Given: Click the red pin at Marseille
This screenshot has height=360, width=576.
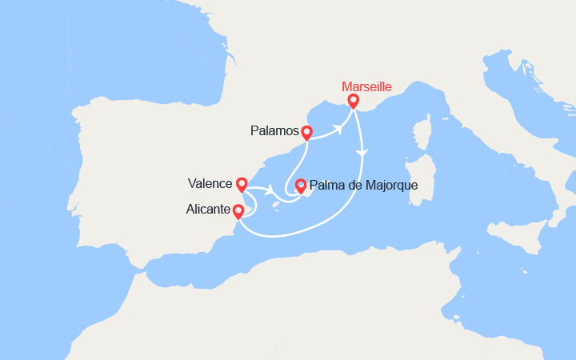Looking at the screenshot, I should (353, 102).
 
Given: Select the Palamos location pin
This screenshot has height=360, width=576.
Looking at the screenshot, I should (306, 133).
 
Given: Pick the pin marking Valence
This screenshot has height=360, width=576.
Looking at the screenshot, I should (242, 185).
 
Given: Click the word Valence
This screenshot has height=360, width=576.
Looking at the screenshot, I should (212, 182).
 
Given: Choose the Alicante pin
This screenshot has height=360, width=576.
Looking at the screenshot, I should (238, 212).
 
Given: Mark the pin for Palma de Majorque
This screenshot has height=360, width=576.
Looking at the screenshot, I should (300, 186).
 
